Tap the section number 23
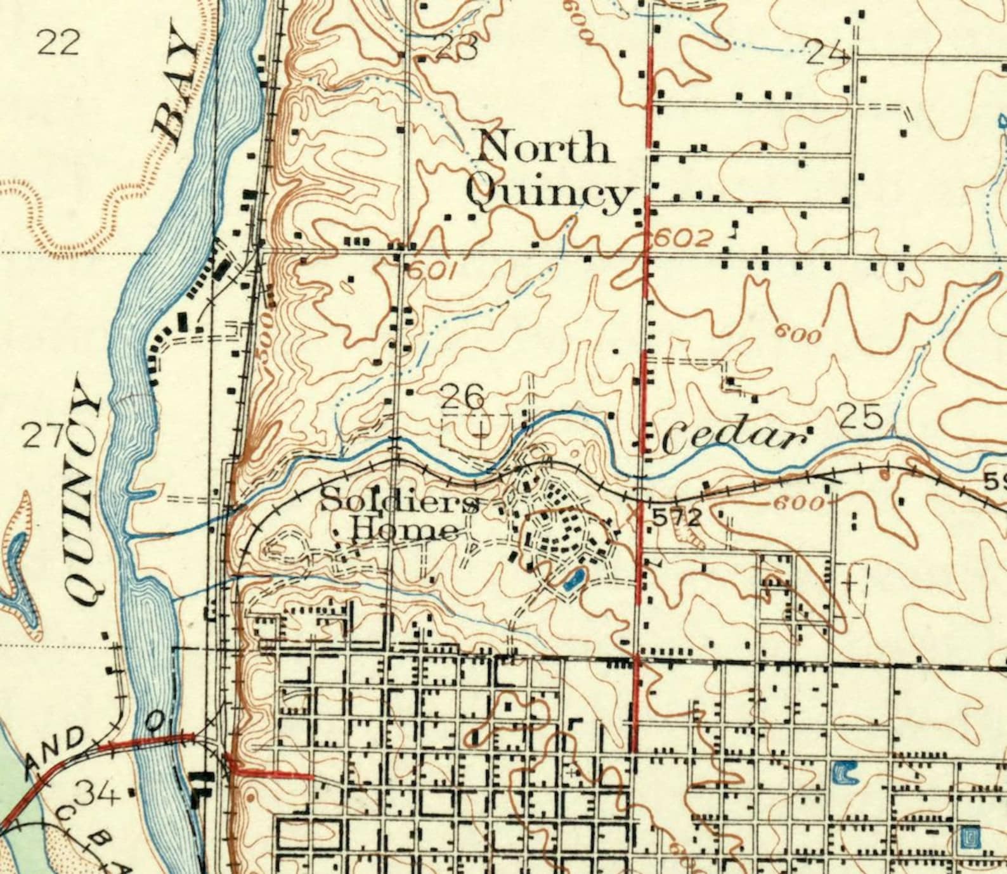click(458, 48)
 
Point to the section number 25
click(861, 418)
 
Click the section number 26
click(462, 397)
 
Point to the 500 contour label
click(267, 329)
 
